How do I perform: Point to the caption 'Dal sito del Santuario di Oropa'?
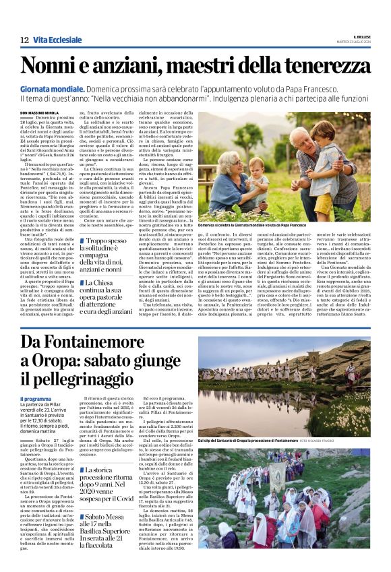click(256, 441)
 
